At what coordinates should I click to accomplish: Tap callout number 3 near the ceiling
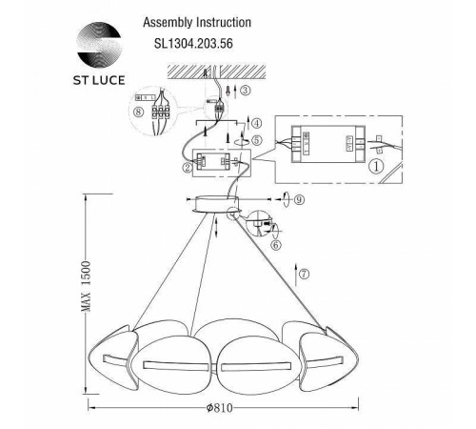click(246, 91)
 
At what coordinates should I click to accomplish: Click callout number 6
click(276, 244)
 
